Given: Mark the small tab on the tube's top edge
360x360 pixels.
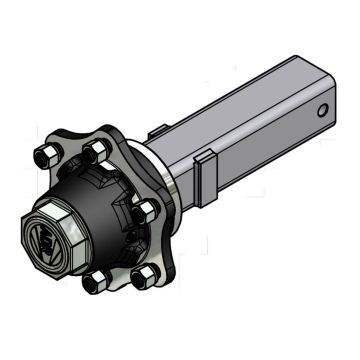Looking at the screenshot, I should pos(158,127).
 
